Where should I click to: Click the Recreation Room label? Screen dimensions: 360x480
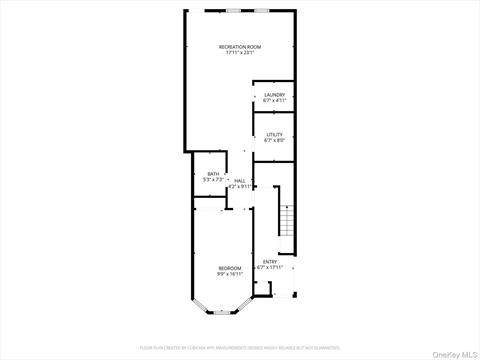pyautogui.click(x=240, y=46)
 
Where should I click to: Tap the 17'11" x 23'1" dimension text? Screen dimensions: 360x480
pyautogui.click(x=240, y=53)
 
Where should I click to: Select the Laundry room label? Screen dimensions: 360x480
pyautogui.click(x=274, y=95)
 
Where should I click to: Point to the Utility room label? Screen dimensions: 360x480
pyautogui.click(x=274, y=135)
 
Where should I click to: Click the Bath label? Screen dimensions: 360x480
pyautogui.click(x=213, y=174)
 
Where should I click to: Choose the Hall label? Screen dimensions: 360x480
pyautogui.click(x=240, y=180)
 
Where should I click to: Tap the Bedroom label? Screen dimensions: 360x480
pyautogui.click(x=230, y=267)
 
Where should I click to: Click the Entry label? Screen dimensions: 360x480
pyautogui.click(x=270, y=261)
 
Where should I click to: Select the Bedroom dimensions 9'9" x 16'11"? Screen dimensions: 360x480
pyautogui.click(x=230, y=273)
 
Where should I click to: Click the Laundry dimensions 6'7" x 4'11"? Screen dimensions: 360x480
pyautogui.click(x=274, y=101)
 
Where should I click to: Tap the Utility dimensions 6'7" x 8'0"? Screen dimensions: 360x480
pyautogui.click(x=274, y=141)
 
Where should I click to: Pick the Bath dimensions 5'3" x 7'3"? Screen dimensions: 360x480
pyautogui.click(x=213, y=180)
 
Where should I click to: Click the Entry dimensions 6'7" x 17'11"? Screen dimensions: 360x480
pyautogui.click(x=270, y=267)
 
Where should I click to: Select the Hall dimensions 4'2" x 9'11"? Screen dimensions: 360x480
pyautogui.click(x=240, y=186)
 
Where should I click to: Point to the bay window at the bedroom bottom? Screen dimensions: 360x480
pyautogui.click(x=223, y=313)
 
